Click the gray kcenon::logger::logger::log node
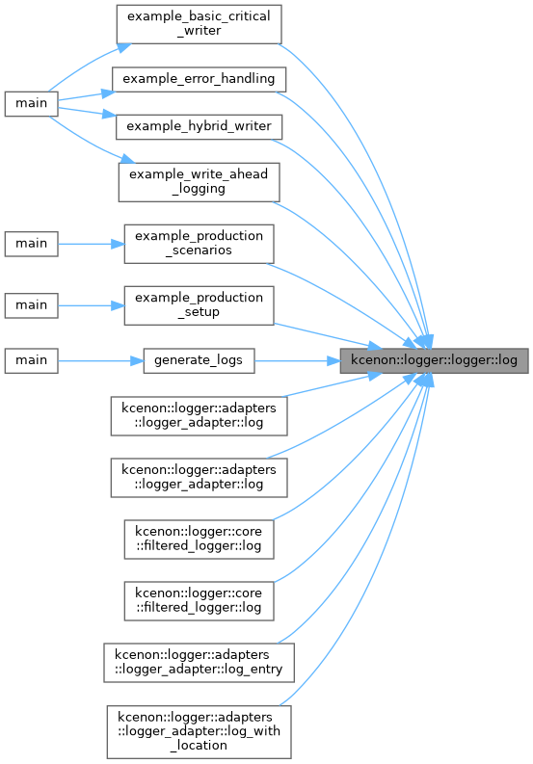(434, 361)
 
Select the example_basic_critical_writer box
(199, 24)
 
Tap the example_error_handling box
(199, 79)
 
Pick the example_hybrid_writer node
(199, 126)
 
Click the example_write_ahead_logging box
(199, 182)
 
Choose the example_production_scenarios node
(199, 244)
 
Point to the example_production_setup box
(199, 306)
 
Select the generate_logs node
(199, 361)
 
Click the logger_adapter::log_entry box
(199, 663)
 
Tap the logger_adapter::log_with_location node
(199, 732)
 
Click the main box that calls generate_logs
(31, 361)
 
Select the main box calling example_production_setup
(31, 306)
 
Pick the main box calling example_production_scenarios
(31, 244)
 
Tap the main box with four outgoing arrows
(31, 104)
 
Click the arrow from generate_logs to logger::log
(298, 361)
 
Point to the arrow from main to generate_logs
(100, 361)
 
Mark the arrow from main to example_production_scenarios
(92, 244)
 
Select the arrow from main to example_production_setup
(92, 306)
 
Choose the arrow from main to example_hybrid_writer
(87, 112)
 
